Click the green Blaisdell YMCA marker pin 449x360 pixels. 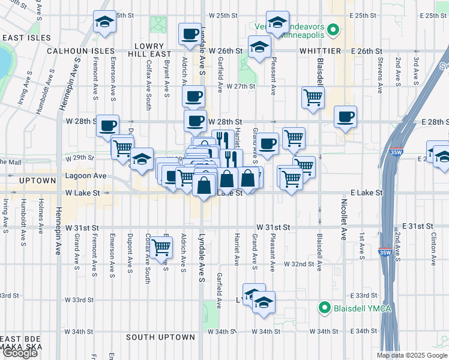[x=325, y=308]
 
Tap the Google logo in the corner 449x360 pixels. [x=20, y=353]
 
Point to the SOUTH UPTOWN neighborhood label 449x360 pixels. [x=160, y=337]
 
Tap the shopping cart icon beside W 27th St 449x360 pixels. [x=313, y=96]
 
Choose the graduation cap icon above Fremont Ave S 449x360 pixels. [x=105, y=23]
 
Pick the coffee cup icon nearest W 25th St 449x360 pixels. [x=190, y=34]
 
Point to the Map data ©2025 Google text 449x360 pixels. [x=412, y=355]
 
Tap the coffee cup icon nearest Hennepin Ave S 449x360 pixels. [x=108, y=125]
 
